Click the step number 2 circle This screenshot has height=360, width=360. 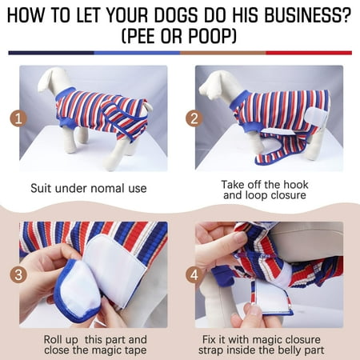(194, 118)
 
